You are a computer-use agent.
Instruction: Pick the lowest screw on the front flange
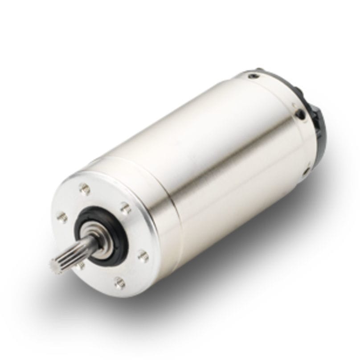(119, 282)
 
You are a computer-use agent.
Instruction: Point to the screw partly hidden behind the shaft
(80, 266)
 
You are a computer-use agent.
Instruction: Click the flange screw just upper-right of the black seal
(126, 208)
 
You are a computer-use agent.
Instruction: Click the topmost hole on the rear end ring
(255, 76)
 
